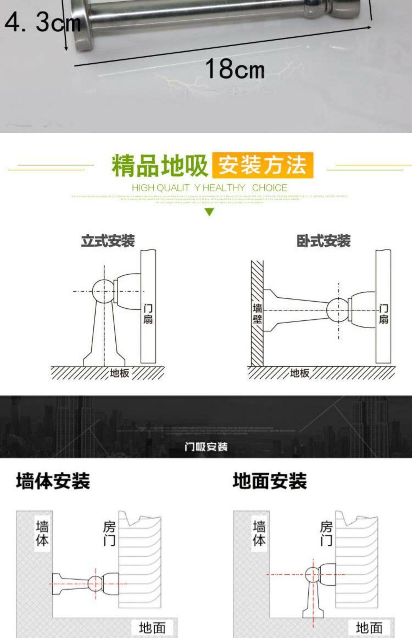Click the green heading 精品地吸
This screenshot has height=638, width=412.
click(159, 166)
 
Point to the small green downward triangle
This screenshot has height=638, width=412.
click(210, 212)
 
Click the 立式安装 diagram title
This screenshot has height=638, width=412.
click(108, 241)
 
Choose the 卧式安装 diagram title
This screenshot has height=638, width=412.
click(323, 241)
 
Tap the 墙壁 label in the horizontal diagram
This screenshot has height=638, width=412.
click(257, 314)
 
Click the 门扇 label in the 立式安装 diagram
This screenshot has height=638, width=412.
click(148, 314)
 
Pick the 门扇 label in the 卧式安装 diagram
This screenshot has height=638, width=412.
click(383, 314)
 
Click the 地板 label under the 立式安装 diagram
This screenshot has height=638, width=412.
click(119, 373)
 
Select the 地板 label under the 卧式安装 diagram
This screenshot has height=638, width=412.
click(300, 373)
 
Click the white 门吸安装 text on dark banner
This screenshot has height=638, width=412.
click(206, 447)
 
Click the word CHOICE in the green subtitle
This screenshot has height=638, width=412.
click(269, 188)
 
